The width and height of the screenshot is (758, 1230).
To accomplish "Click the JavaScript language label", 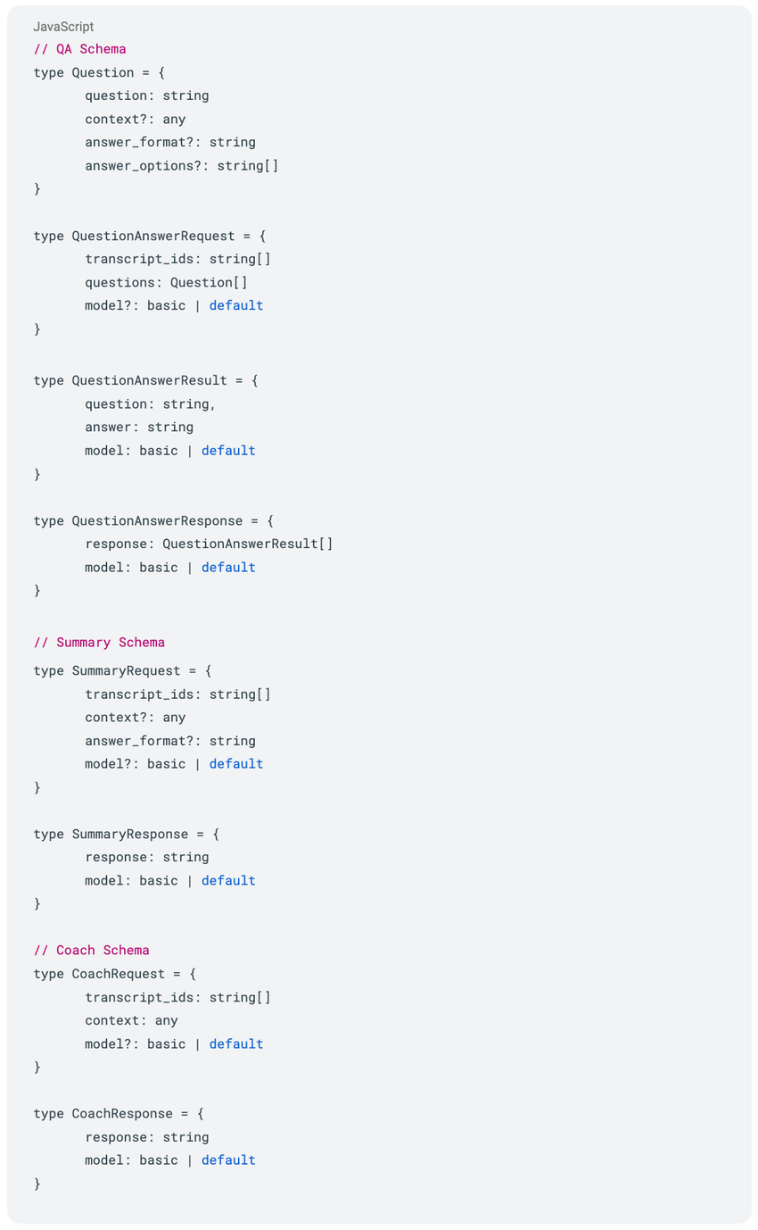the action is pyautogui.click(x=63, y=27).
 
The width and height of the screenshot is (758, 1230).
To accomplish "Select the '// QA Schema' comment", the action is pyautogui.click(x=79, y=49).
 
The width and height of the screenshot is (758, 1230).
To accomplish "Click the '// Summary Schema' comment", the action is pyautogui.click(x=99, y=643).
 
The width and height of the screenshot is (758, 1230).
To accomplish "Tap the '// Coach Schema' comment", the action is pyautogui.click(x=91, y=951).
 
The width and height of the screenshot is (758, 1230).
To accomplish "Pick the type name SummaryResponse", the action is pyautogui.click(x=130, y=835).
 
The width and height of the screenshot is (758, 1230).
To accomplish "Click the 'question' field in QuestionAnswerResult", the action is pyautogui.click(x=118, y=403).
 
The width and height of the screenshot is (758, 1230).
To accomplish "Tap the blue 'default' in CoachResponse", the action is pyautogui.click(x=228, y=1160).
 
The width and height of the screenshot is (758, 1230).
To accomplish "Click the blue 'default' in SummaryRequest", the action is pyautogui.click(x=236, y=764).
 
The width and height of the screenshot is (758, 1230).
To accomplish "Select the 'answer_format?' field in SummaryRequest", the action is pyautogui.click(x=142, y=741).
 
